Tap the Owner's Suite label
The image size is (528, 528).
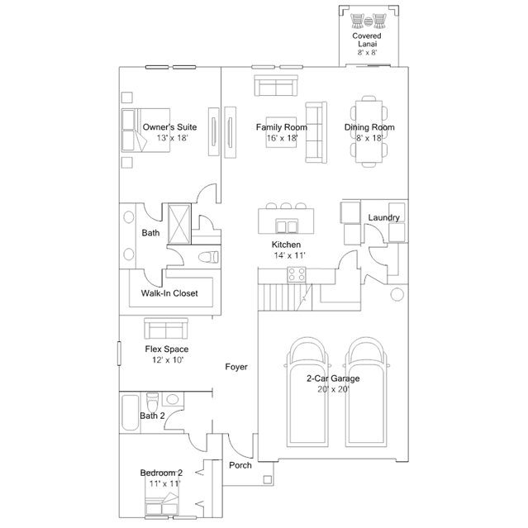(169, 127)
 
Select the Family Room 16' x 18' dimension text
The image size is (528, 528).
(281, 139)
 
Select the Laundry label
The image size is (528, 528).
(384, 217)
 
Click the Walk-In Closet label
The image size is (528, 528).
(169, 293)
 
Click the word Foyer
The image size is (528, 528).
(236, 366)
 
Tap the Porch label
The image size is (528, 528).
(240, 465)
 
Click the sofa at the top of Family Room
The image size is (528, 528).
(275, 86)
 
